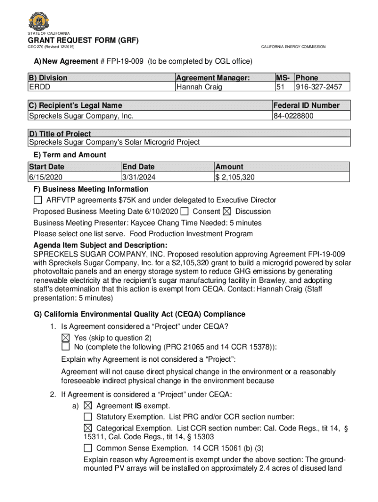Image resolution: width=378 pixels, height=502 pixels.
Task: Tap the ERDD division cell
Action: [x=39, y=87]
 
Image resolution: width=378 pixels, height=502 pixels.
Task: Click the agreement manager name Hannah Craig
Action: [x=199, y=87]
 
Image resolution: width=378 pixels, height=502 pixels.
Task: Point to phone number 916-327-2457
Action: [x=322, y=87]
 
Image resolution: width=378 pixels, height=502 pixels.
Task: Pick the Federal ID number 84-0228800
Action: [x=294, y=116]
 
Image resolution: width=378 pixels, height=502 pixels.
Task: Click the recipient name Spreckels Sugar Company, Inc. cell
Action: [x=81, y=116]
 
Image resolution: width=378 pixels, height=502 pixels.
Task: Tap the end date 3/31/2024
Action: [x=140, y=177]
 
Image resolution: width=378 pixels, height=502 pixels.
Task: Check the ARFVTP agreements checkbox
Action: [x=38, y=200]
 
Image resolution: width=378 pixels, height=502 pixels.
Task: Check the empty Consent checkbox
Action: [x=185, y=211]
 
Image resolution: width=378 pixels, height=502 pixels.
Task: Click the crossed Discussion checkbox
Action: [x=226, y=211]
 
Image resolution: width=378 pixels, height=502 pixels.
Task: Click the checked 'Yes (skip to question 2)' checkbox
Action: [x=65, y=338]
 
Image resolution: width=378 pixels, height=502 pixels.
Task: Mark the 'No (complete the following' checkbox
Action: [x=65, y=347]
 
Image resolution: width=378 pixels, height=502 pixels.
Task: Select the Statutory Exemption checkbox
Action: [x=88, y=417]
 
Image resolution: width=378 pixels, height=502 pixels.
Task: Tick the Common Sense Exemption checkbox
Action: [x=88, y=448]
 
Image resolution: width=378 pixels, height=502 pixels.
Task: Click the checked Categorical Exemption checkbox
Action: [x=88, y=428]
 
